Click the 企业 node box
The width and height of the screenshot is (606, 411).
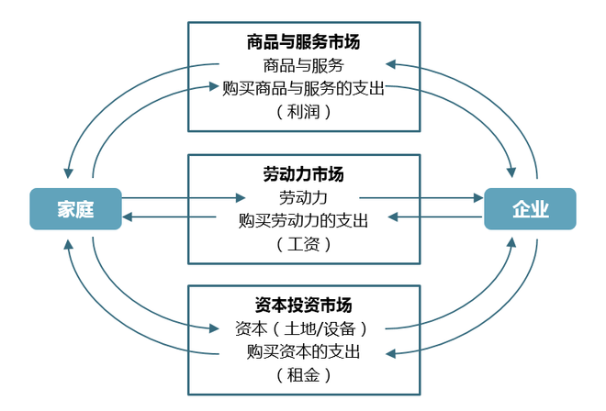click(530, 208)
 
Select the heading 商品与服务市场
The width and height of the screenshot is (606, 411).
click(302, 41)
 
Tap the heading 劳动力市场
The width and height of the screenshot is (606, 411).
click(302, 173)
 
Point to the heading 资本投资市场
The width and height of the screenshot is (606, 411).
click(302, 305)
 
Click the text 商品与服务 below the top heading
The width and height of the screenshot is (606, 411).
click(302, 65)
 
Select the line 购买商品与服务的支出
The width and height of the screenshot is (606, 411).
click(302, 88)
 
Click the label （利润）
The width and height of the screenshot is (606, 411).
click(302, 111)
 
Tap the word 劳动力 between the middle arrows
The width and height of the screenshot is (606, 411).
click(302, 197)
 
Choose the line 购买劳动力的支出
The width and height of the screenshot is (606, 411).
click(302, 220)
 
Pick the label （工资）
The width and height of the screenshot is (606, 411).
click(302, 244)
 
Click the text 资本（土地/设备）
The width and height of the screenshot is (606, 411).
click(302, 328)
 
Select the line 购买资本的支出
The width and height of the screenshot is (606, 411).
click(302, 352)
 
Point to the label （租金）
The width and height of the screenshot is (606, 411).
click(302, 375)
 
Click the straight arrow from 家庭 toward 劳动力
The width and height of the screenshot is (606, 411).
click(184, 197)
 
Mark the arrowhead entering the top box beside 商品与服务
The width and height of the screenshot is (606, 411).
click(390, 64)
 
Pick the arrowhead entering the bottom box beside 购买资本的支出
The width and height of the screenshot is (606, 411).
click(390, 352)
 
